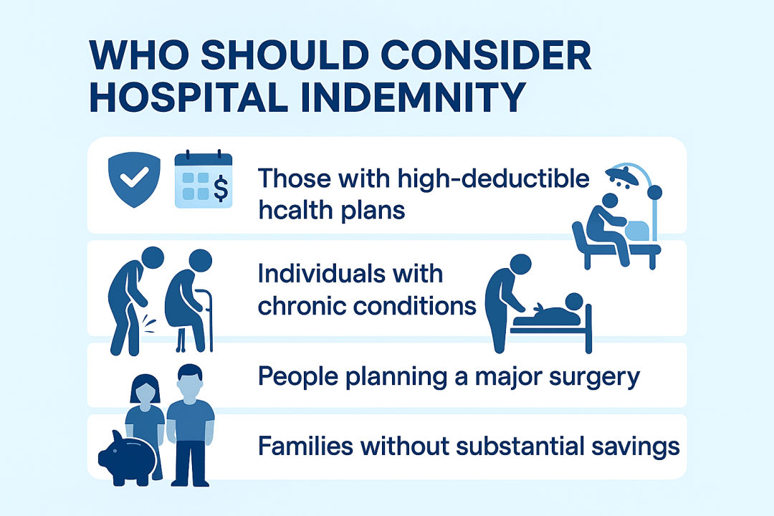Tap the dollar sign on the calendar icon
pos(221,188)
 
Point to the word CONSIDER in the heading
pos(486,54)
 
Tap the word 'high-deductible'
pos(493,179)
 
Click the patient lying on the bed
pos(553,311)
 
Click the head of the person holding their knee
pos(153,258)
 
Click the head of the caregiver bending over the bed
pos(520,264)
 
